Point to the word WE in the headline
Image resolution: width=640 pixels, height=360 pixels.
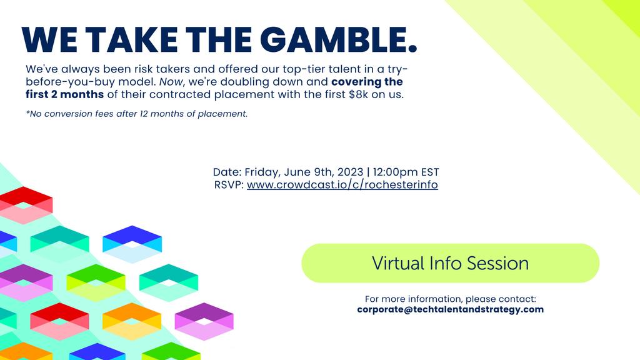click(49, 40)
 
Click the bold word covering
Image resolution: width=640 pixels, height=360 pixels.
click(356, 82)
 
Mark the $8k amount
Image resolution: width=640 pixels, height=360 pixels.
click(358, 94)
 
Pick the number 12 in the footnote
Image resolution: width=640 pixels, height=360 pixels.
click(144, 114)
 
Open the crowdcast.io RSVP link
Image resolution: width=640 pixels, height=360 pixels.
click(342, 184)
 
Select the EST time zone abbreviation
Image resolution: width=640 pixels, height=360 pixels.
click(430, 172)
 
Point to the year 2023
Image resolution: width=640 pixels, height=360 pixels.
click(350, 172)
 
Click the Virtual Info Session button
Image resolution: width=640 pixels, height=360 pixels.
click(450, 263)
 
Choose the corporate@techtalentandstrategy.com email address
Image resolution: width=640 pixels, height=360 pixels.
click(450, 309)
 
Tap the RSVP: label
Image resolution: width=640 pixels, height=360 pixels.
click(229, 184)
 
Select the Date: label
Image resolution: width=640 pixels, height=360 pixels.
click(227, 172)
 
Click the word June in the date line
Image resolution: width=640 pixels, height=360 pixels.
click(296, 172)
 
